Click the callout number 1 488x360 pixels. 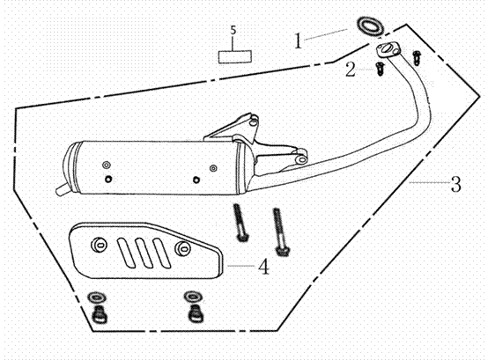(298, 41)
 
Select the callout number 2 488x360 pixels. (351, 70)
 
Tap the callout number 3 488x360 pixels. (456, 184)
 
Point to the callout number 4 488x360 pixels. (264, 267)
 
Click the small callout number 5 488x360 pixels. (233, 30)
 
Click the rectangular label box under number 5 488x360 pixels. (235, 56)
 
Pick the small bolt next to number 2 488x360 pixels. (380, 69)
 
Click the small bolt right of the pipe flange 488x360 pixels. (416, 58)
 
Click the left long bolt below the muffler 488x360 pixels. (240, 223)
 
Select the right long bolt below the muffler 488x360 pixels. (280, 231)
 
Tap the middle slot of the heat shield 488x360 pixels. (144, 252)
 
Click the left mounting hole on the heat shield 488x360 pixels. (99, 245)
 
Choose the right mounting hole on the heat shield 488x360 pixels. (182, 247)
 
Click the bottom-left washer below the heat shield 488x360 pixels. (97, 298)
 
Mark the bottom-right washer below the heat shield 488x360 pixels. (192, 296)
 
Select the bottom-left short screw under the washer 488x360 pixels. (100, 314)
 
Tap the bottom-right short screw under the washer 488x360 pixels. (195, 313)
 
